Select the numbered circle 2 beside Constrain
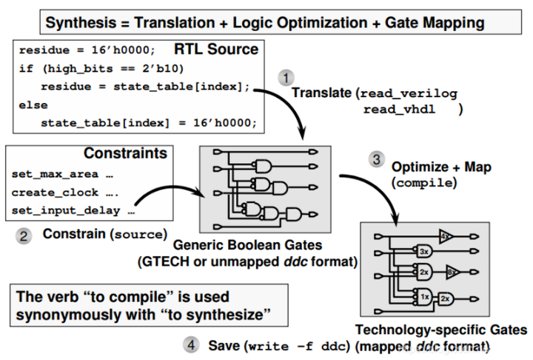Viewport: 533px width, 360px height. (24, 236)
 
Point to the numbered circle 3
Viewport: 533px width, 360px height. (378, 159)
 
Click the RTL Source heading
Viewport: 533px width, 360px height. (215, 50)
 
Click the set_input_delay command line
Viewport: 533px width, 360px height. (73, 210)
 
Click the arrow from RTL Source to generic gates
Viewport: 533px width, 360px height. (292, 111)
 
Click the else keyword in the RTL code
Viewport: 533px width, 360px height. (33, 106)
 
